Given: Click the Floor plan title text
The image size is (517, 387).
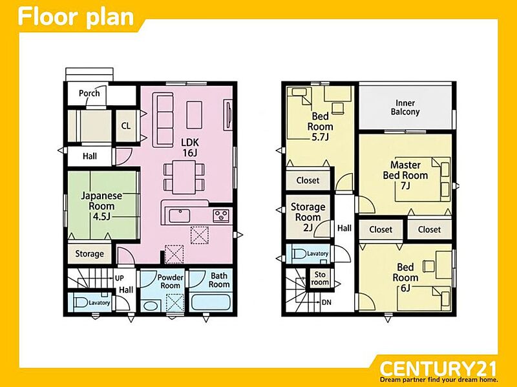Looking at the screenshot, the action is pos(76,17).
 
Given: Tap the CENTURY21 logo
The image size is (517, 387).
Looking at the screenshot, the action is pos(438,368).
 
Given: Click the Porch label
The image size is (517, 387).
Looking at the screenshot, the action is pos(89,93).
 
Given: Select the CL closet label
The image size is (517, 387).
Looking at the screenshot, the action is pos(126,125).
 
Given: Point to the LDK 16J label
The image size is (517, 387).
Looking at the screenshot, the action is pos(190,147).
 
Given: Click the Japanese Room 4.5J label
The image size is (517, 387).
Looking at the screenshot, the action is pos(101,206).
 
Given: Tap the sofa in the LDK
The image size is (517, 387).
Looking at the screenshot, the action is pos(163,120).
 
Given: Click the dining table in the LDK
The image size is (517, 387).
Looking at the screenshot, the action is pos(184,177).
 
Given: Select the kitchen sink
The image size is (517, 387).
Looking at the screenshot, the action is pos(180,216).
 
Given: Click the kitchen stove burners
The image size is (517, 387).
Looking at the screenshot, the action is pos(221,216).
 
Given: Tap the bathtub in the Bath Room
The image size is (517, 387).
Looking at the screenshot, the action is pos(211,302).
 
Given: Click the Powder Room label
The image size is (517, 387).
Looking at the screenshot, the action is pos(170,282).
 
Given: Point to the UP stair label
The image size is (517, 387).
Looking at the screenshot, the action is pos(120,278).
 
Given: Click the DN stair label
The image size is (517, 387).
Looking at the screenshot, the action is pos(326,302).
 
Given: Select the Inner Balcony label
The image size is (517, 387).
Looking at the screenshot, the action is pos(405,107).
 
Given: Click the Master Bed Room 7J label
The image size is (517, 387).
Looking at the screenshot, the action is pos(406,175).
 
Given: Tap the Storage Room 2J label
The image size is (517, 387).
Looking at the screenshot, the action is pos(308,217).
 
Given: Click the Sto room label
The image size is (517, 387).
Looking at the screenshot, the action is pos(320,278).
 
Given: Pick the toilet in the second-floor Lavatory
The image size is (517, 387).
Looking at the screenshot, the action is pos(299,254).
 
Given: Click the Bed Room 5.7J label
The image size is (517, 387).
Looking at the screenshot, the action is pos(320,127).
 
